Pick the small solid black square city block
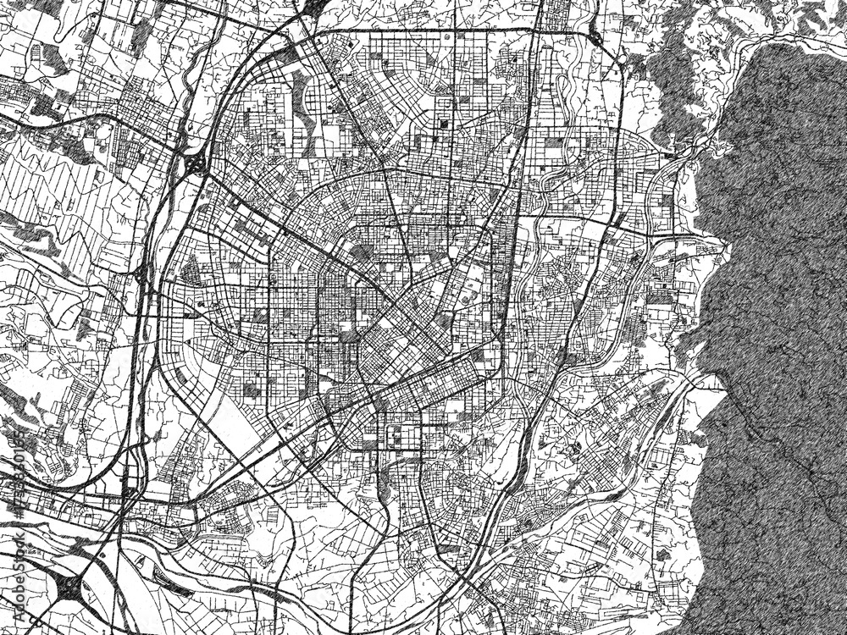pos(442,125)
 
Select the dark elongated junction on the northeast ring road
pos(595,37)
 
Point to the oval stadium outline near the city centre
pos(468,295)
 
